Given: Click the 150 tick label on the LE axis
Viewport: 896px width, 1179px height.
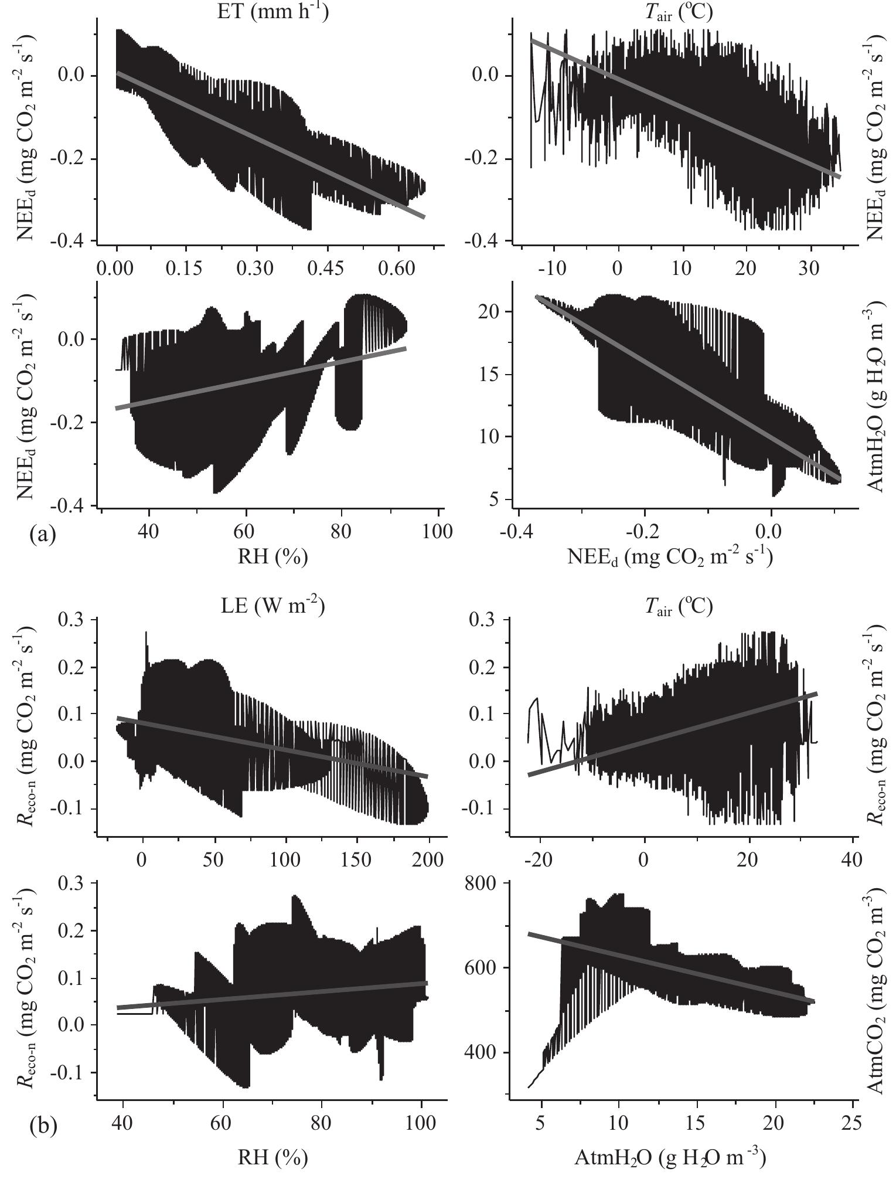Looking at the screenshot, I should (x=357, y=859).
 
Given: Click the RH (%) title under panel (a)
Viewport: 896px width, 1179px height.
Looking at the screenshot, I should (x=272, y=556).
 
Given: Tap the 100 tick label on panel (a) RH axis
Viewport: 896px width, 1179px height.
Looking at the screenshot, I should (x=438, y=531).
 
